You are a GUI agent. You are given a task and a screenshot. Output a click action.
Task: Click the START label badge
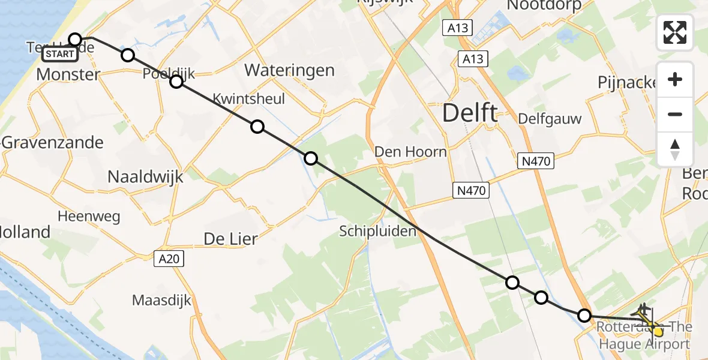(60, 55)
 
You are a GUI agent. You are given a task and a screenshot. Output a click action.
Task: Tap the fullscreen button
(675, 32)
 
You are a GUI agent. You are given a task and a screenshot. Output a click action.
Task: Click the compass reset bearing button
(675, 149)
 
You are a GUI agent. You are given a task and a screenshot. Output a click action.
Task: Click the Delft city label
(470, 112)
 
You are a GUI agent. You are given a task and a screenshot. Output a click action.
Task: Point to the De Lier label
(230, 238)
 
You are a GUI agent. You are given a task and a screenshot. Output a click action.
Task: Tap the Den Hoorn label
(410, 152)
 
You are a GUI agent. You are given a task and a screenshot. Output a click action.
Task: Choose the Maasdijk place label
(162, 299)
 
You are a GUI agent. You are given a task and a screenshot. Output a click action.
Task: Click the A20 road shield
(169, 259)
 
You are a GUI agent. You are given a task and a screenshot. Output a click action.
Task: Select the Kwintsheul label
(249, 98)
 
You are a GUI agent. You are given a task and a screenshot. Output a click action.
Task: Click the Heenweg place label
(89, 216)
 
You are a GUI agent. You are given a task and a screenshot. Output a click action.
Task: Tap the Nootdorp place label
(544, 5)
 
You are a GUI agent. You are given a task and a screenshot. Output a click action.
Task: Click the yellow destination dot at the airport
(658, 331)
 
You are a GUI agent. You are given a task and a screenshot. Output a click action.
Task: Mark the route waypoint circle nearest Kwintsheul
(257, 127)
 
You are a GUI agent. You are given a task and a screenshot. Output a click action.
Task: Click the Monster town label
(68, 74)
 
